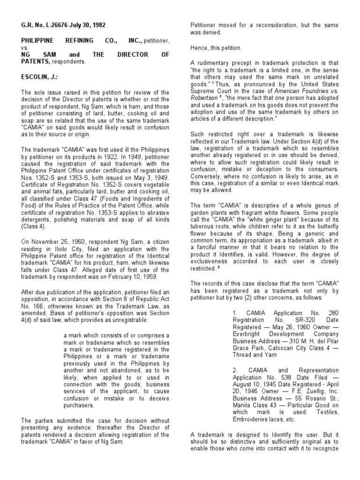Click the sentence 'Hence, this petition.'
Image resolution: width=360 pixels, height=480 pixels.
216,48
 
